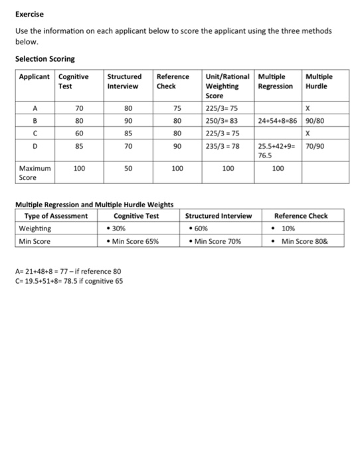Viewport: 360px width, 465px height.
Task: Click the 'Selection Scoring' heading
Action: pos(45,59)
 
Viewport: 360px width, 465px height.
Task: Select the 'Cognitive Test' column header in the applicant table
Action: pos(74,81)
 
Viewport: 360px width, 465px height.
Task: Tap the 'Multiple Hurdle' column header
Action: pos(319,81)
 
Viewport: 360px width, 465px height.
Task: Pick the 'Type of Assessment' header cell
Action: pos(56,216)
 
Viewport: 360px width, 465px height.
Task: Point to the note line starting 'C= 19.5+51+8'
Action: pos(69,280)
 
